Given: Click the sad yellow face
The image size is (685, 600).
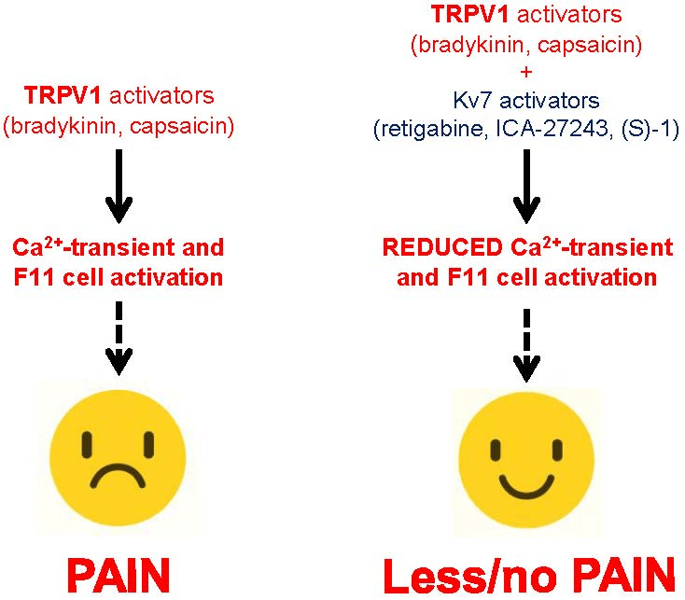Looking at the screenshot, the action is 118,457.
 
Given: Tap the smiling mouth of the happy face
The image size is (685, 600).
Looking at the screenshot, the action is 527,487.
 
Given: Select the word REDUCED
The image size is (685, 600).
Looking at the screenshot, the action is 442,247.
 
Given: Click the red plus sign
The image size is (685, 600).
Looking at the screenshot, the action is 526,72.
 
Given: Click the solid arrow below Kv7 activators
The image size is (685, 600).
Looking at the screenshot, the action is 526,187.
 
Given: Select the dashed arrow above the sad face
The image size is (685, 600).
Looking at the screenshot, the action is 119,338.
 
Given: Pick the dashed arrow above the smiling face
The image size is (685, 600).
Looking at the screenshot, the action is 526,346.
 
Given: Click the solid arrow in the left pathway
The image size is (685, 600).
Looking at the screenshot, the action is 119,187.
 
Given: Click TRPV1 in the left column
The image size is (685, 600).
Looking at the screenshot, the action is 63,95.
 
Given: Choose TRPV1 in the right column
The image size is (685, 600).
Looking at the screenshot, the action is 469,14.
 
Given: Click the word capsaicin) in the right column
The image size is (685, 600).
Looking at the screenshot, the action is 590,45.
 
